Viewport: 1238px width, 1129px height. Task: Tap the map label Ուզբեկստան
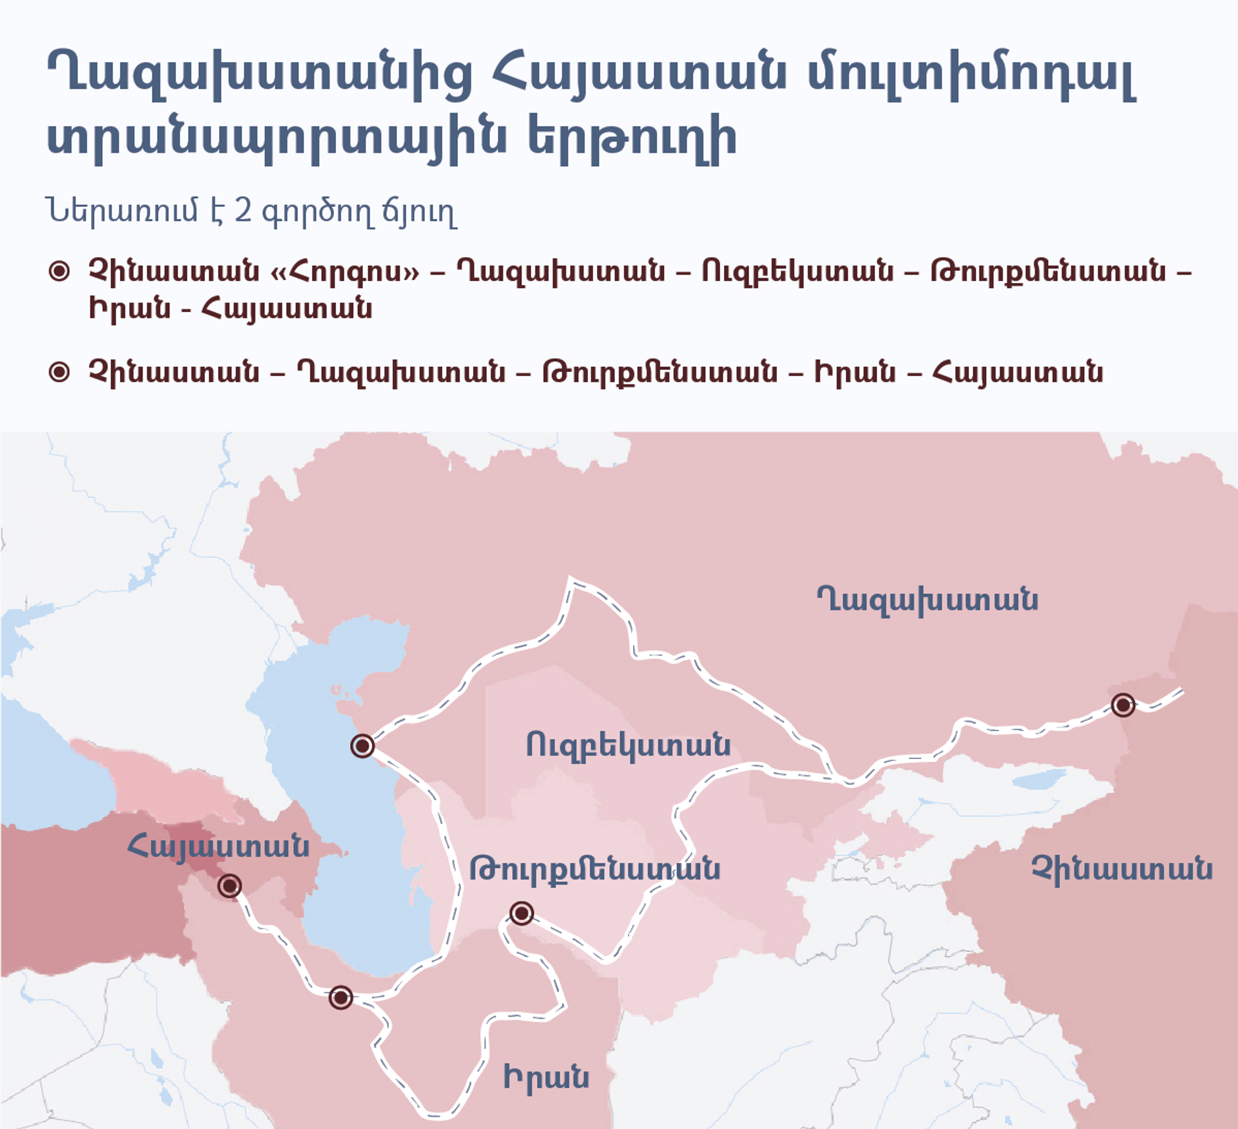[x=628, y=745]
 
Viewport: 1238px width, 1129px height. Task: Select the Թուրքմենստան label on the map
[x=594, y=869]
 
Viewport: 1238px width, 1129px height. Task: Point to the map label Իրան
[x=546, y=1077]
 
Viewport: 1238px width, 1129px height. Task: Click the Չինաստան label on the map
[x=1122, y=869]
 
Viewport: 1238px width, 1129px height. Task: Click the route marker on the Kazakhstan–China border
[x=1123, y=705]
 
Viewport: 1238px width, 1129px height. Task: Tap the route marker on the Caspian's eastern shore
[x=362, y=746]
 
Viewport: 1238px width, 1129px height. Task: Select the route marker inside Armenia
[x=230, y=886]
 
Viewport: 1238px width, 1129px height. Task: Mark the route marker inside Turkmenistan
[x=521, y=913]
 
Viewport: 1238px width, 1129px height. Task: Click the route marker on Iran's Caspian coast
[x=340, y=997]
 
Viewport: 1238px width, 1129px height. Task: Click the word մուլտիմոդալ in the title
[x=972, y=76]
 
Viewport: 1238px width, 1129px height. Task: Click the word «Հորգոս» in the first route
[x=345, y=271]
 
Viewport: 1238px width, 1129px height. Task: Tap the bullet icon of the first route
[x=59, y=271]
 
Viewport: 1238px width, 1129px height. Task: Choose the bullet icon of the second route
[x=59, y=372]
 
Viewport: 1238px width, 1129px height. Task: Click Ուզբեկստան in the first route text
[x=798, y=271]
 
